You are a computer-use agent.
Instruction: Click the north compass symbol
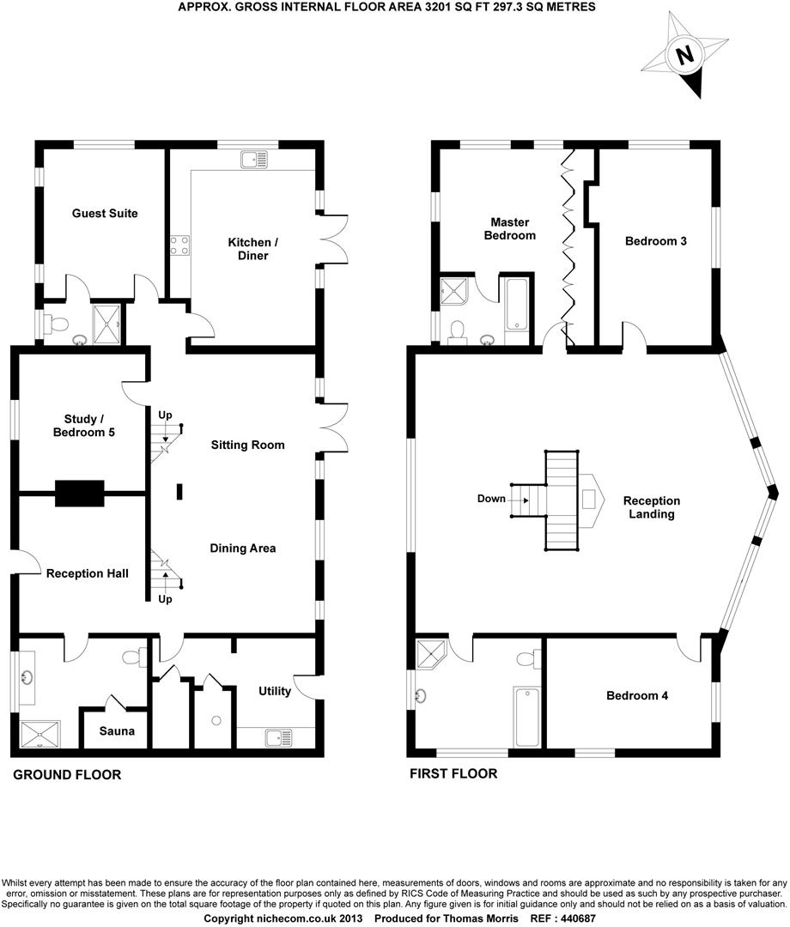tap(684, 57)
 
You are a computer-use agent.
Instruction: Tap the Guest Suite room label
tap(105, 213)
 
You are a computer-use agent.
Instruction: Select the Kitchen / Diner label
tap(248, 249)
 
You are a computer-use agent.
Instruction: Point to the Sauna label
tap(117, 731)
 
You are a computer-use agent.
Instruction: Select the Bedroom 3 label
tap(655, 241)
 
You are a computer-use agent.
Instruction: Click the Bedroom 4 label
tap(636, 695)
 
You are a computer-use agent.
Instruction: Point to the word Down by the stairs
tap(492, 499)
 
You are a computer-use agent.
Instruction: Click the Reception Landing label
tap(651, 507)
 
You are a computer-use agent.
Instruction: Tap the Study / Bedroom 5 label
tap(83, 426)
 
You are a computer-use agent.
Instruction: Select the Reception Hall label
tap(88, 573)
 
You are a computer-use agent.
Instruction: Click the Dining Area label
tap(243, 548)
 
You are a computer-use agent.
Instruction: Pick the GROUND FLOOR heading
tap(66, 775)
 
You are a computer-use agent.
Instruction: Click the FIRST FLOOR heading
tap(453, 773)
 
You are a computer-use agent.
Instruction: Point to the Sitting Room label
tap(247, 445)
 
